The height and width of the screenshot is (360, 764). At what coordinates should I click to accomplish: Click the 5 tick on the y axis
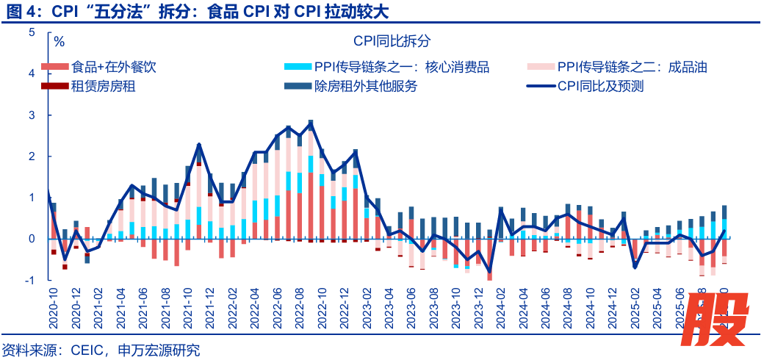click(x=32, y=32)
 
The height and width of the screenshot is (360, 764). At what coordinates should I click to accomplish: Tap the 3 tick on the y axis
click(x=32, y=115)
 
